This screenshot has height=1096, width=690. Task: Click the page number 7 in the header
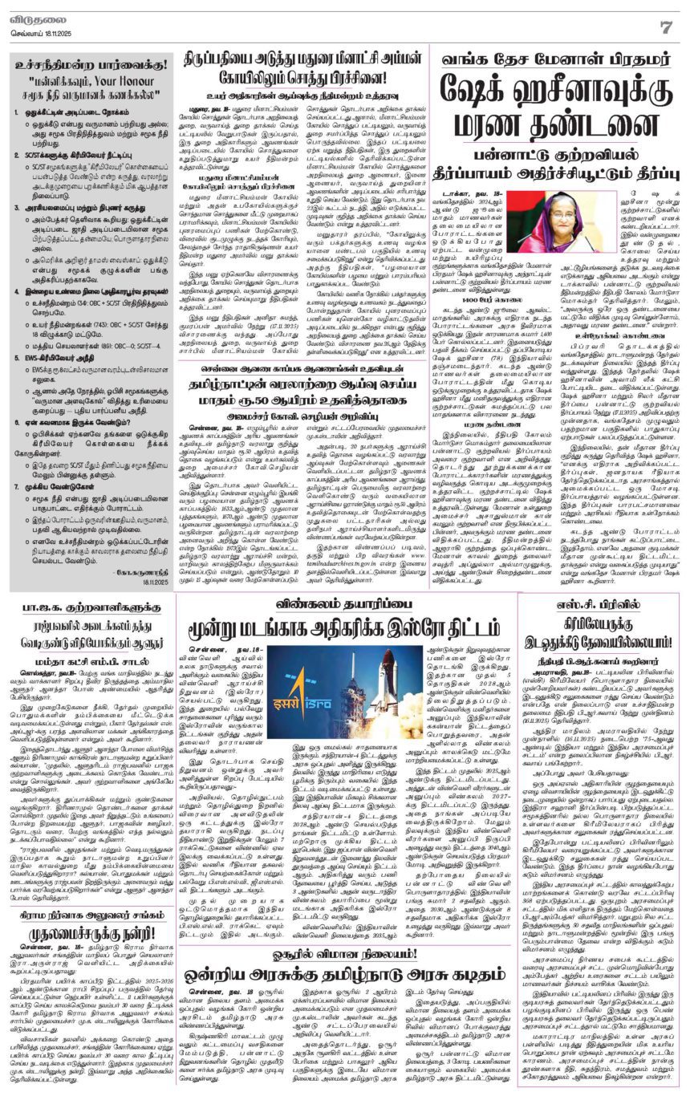(665, 26)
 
